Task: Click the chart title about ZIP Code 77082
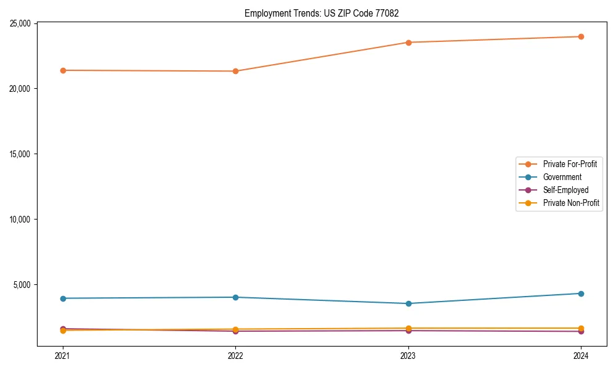[x=322, y=13]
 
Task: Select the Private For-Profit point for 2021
[x=63, y=70]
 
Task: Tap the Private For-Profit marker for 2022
[x=235, y=71]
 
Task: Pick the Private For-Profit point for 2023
[x=408, y=43]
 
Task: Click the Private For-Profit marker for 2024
[x=581, y=36]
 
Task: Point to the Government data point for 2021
[x=63, y=298]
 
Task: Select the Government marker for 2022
[x=235, y=297]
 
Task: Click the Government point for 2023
[x=408, y=303]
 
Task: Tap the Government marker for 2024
[x=581, y=294]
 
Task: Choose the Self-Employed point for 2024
[x=581, y=332]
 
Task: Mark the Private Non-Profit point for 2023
[x=408, y=328]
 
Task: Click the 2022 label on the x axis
[x=235, y=355]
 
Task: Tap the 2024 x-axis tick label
[x=581, y=355]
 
